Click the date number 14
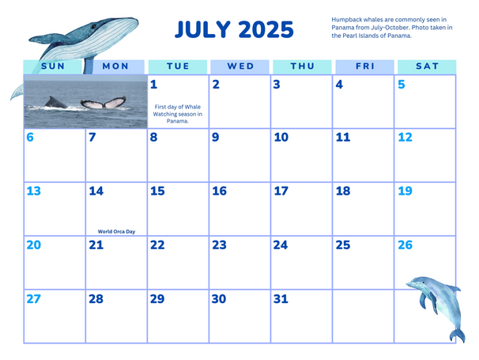(96, 191)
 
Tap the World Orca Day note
(116, 232)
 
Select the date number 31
(281, 299)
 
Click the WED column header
(240, 66)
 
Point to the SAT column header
(427, 66)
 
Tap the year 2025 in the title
(266, 29)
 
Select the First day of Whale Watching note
(178, 114)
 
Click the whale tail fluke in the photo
(104, 103)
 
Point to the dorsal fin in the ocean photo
(55, 103)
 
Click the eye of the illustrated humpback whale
(93, 26)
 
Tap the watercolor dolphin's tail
(458, 335)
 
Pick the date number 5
(402, 85)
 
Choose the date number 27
(34, 299)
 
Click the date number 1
(153, 85)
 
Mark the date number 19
(405, 191)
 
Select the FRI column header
(364, 66)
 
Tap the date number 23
(219, 245)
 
